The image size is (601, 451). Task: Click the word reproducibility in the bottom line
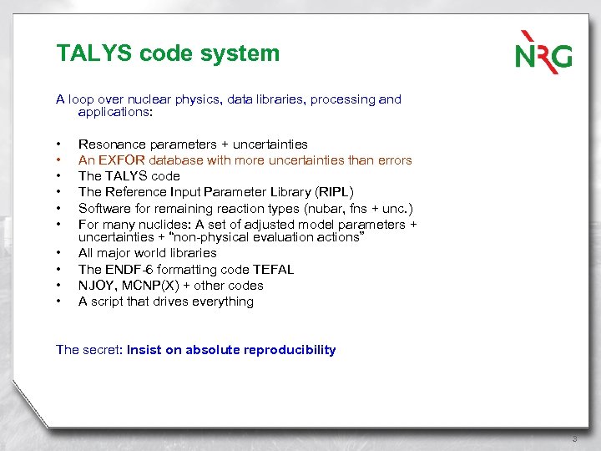pyautogui.click(x=290, y=350)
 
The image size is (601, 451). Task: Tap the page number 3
pyautogui.click(x=574, y=439)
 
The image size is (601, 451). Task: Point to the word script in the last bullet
pyautogui.click(x=108, y=301)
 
